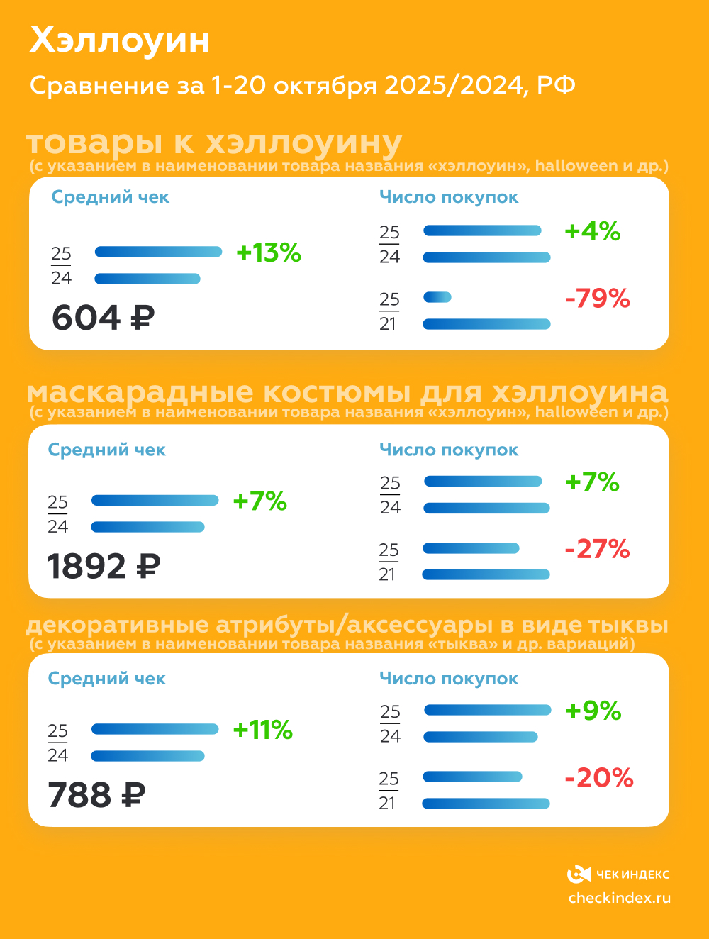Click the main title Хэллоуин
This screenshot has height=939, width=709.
pyautogui.click(x=120, y=40)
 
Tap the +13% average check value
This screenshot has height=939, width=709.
pyautogui.click(x=269, y=252)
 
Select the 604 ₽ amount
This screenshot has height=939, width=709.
pyautogui.click(x=103, y=317)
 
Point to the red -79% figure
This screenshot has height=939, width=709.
pyautogui.click(x=597, y=298)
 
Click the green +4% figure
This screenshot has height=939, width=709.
pyautogui.click(x=592, y=231)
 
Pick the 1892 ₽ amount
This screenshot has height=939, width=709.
pyautogui.click(x=104, y=566)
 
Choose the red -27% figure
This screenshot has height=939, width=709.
pyautogui.click(x=597, y=549)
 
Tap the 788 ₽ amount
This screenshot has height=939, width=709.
pyautogui.click(x=96, y=795)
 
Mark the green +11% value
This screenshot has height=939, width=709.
pyautogui.click(x=262, y=730)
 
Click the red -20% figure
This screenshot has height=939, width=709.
pyautogui.click(x=598, y=778)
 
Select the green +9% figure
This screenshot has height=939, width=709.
pyautogui.click(x=593, y=711)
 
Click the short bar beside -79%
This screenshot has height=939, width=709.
pyautogui.click(x=437, y=297)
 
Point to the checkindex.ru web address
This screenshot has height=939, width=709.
pyautogui.click(x=619, y=898)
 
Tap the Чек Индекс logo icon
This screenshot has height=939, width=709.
pyautogui.click(x=579, y=874)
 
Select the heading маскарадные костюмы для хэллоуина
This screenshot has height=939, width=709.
pyautogui.click(x=347, y=392)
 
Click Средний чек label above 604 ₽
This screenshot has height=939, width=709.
pyautogui.click(x=110, y=197)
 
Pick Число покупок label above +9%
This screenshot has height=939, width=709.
pyautogui.click(x=448, y=679)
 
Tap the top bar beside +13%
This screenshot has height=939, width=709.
pyautogui.click(x=158, y=252)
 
